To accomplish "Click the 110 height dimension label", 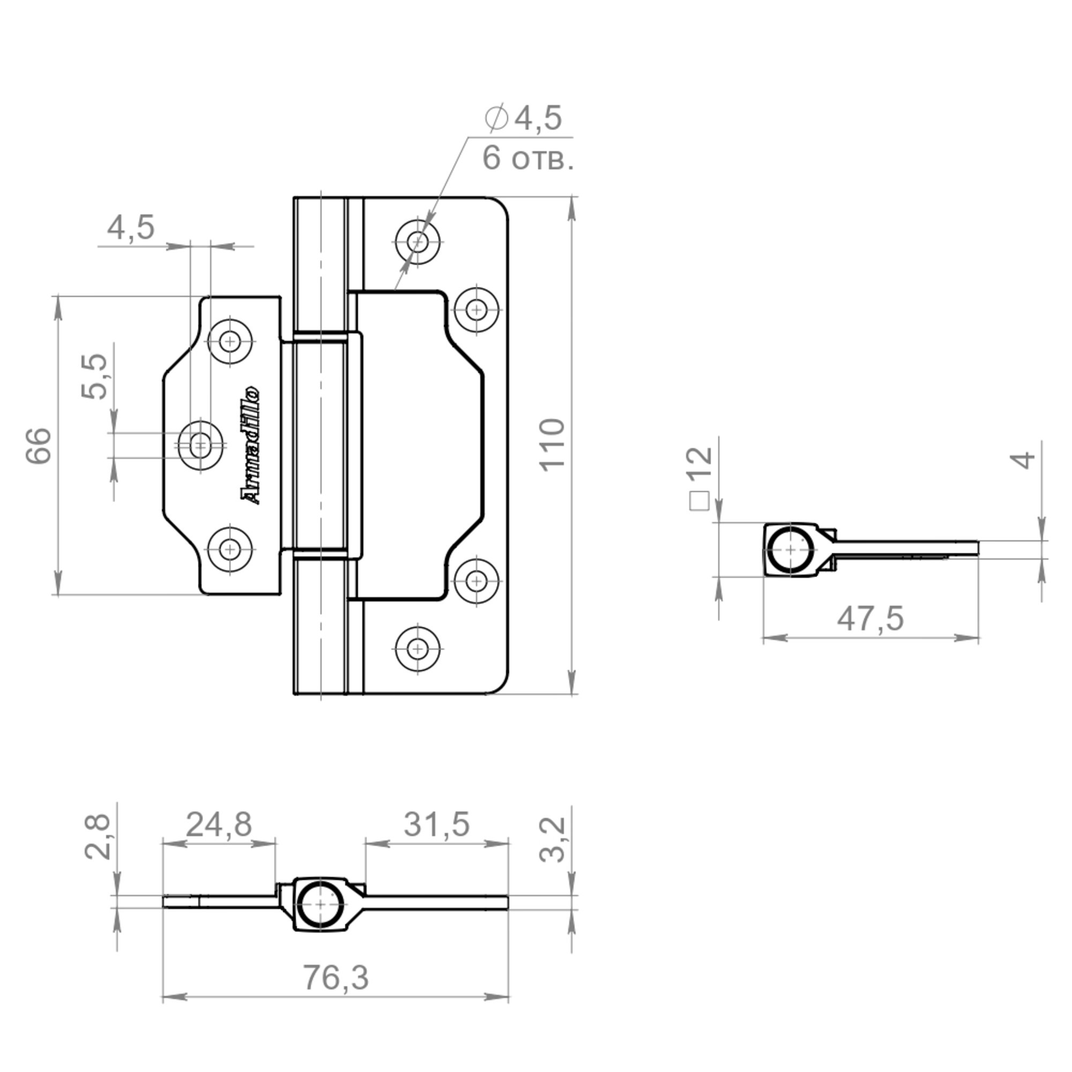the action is click(x=553, y=445).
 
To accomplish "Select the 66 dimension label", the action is click(x=39, y=445).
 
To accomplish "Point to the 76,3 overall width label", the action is click(x=336, y=977).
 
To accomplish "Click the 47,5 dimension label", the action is click(x=870, y=618).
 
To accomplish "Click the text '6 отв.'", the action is click(x=527, y=158).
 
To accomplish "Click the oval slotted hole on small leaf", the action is click(x=200, y=445).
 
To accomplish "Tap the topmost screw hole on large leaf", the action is click(x=418, y=242).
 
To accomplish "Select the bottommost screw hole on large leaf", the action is click(x=418, y=649).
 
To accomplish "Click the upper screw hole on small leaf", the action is click(x=229, y=341).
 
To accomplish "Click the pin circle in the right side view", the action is click(x=790, y=550).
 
